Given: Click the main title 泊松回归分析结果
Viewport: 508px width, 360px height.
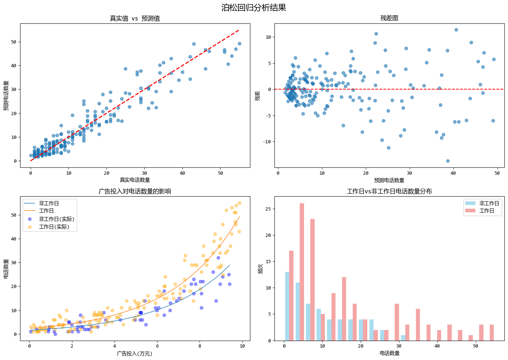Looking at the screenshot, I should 254,8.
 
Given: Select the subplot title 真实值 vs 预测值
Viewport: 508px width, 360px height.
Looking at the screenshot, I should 135,18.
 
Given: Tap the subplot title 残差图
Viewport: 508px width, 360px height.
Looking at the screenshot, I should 389,18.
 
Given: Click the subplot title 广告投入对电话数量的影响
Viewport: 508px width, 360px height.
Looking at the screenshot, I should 135,191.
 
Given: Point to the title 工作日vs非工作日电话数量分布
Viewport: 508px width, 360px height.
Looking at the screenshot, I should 389,191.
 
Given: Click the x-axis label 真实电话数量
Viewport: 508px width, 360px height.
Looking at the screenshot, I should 135,180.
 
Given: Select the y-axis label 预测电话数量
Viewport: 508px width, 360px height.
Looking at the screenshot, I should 6,96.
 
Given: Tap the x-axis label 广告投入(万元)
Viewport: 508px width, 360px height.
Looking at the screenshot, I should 135,353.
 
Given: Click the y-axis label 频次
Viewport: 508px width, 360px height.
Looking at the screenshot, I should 260,269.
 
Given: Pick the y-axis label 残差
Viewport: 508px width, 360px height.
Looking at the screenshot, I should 258,96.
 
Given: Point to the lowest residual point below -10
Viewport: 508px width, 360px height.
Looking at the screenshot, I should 448,161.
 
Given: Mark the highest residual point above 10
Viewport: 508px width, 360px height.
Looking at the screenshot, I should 456,30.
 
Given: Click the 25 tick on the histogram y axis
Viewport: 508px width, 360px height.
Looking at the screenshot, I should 268,209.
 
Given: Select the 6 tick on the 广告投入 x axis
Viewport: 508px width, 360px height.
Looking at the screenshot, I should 157,346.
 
